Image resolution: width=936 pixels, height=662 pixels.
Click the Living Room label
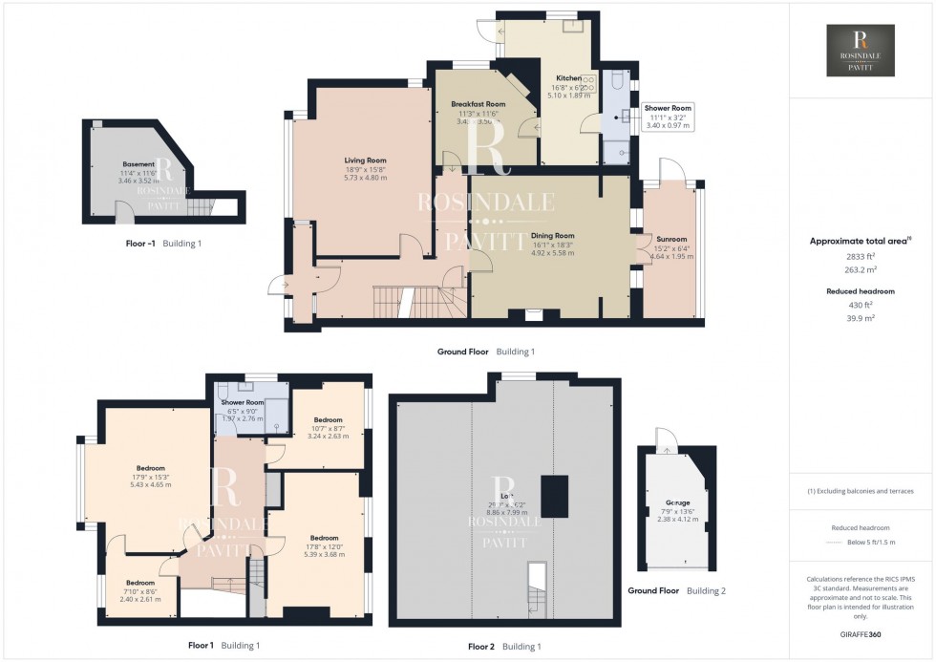tap(365, 160)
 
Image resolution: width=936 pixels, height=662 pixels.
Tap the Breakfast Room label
tap(478, 103)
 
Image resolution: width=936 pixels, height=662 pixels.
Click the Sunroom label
tap(670, 239)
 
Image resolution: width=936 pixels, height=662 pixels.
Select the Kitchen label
tap(569, 78)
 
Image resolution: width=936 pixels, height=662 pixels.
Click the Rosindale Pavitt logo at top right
tap(861, 51)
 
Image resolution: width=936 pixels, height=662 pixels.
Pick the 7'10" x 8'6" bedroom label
tap(139, 583)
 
